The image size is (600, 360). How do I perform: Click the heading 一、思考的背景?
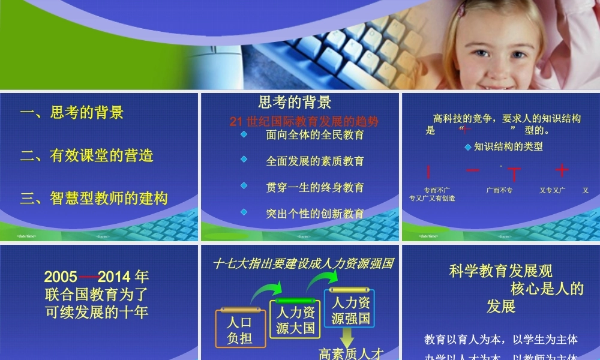tap(72, 113)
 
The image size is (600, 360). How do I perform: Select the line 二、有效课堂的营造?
tap(87, 155)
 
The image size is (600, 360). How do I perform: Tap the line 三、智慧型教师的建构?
tap(94, 198)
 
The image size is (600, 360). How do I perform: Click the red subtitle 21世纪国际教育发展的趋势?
tap(304, 121)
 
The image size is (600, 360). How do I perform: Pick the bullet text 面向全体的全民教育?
tap(315, 135)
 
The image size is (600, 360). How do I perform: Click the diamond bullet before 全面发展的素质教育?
tap(244, 160)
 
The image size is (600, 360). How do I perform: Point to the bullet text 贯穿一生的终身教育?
tap(315, 187)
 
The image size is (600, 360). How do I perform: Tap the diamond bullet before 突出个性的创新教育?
tap(244, 212)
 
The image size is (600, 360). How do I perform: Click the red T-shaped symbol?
tap(514, 174)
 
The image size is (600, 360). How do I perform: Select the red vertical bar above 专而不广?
tap(428, 172)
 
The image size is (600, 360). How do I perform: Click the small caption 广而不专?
tap(499, 190)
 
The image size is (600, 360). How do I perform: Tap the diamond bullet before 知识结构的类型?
tap(468, 146)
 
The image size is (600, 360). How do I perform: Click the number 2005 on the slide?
tap(61, 277)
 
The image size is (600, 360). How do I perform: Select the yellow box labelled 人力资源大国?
tap(296, 319)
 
